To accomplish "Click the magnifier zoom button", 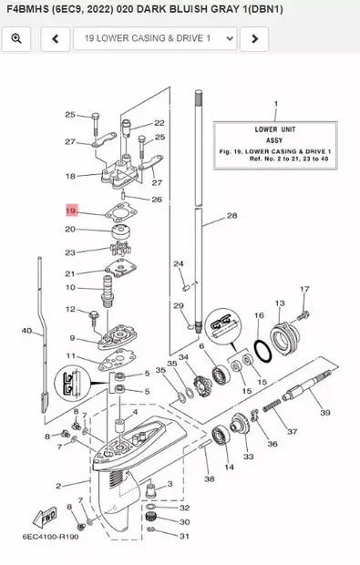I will (x=18, y=39).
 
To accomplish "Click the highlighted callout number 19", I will (x=71, y=211).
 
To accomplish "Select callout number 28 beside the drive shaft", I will (x=231, y=216).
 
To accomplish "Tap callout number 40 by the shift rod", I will (x=26, y=330).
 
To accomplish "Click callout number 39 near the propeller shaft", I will (x=324, y=413).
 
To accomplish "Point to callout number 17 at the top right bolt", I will (x=304, y=289).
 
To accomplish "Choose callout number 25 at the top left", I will (x=70, y=115).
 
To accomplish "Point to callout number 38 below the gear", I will (x=209, y=477).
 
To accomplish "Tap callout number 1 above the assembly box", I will (x=275, y=105).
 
